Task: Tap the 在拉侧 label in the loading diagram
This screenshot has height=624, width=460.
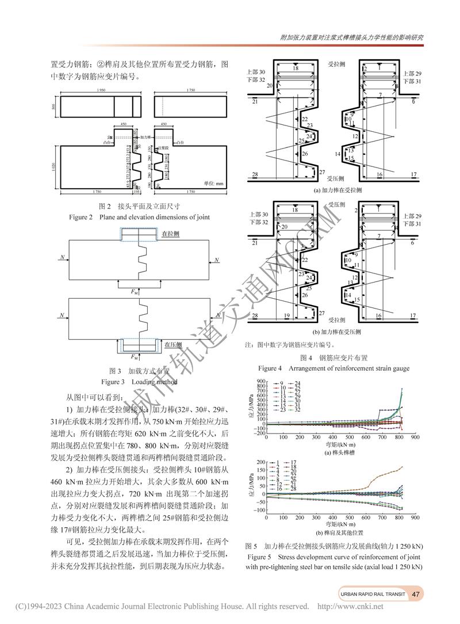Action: [x=171, y=234]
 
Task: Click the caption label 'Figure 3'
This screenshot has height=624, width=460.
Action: [x=113, y=382]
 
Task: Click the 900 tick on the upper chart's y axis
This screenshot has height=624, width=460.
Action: [x=259, y=382]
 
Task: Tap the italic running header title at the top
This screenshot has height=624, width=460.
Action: [x=352, y=37]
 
